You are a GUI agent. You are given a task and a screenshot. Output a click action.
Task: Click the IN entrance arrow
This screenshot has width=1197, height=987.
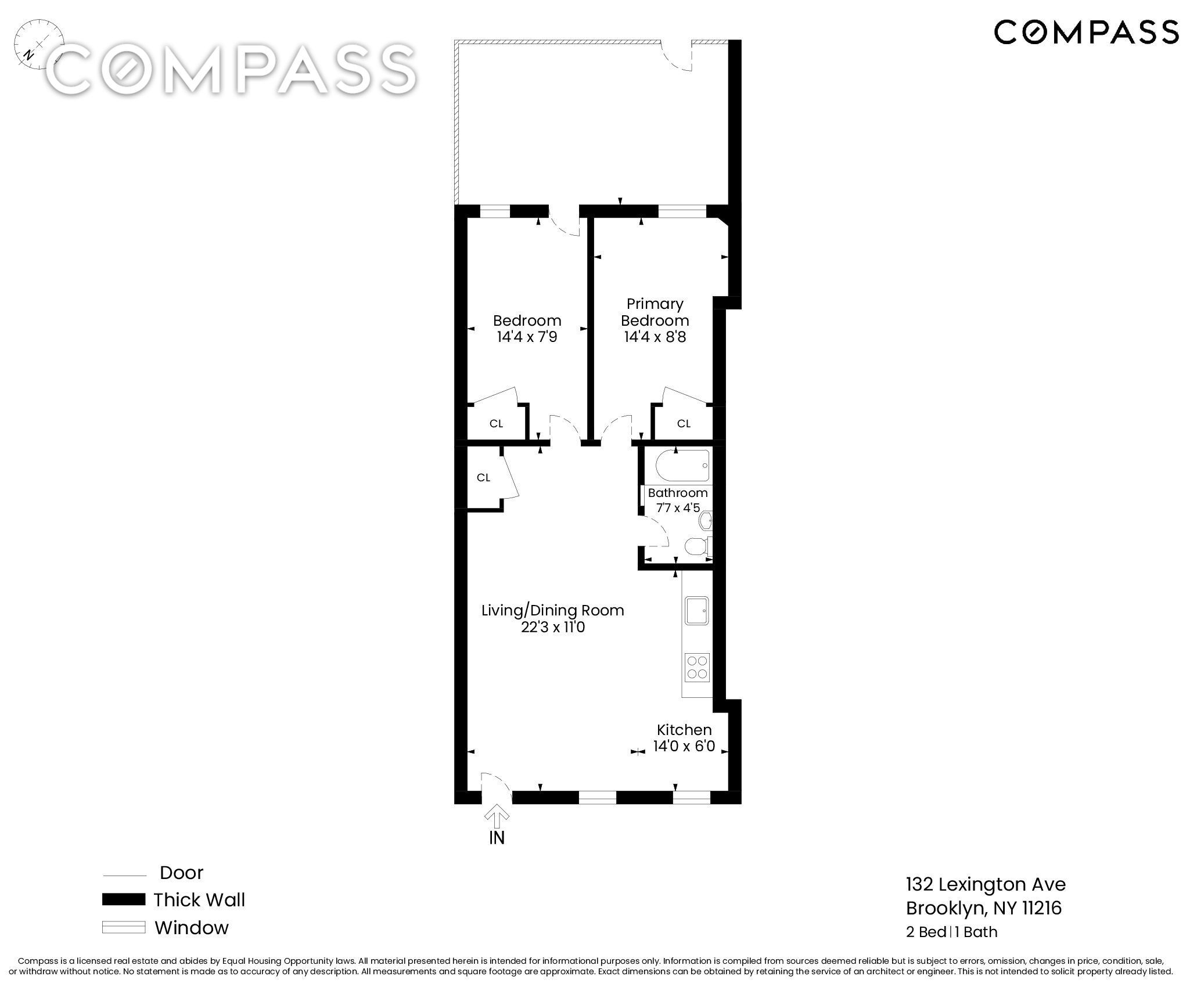(496, 818)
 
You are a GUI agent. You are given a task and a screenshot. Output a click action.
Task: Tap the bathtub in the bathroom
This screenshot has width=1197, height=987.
(682, 466)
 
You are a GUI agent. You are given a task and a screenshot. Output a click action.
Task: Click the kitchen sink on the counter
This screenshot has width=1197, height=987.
(697, 610)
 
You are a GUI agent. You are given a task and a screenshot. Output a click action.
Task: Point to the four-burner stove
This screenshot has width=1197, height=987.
(697, 667)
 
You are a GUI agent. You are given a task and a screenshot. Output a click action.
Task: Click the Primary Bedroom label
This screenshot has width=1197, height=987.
(655, 312)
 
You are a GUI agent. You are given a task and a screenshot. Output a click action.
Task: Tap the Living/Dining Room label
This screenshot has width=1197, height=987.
(552, 610)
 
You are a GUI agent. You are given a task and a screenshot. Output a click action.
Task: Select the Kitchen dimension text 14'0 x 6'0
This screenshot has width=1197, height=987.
(684, 745)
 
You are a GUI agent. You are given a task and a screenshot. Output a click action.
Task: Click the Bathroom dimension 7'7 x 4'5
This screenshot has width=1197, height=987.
(678, 507)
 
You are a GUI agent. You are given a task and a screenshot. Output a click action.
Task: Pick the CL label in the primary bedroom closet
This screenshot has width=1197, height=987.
(684, 423)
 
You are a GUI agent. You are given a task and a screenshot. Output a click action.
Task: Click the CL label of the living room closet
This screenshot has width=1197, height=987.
(483, 477)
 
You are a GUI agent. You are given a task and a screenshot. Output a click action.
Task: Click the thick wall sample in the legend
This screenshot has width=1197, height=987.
(124, 899)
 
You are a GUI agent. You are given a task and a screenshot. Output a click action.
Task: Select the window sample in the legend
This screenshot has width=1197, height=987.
(124, 927)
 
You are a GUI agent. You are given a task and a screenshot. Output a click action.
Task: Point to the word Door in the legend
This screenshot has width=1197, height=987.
(181, 873)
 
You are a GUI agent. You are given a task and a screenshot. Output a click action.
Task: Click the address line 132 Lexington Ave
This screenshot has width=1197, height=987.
(986, 884)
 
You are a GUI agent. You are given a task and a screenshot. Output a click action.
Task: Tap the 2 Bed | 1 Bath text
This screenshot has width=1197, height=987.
(951, 932)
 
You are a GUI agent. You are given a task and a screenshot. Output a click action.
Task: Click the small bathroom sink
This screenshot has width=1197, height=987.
(706, 521)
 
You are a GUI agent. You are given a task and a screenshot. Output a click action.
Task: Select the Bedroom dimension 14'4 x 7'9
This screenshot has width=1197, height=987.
(527, 337)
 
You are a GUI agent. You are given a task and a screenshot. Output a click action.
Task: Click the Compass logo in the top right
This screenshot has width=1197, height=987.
(1087, 32)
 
